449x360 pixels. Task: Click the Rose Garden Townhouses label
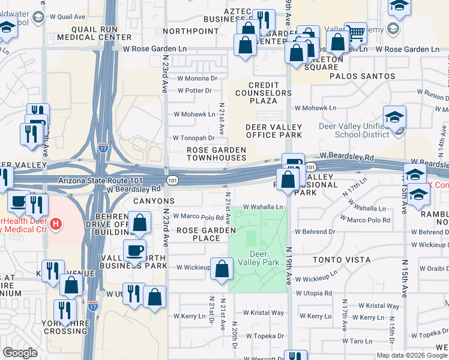click(216, 154)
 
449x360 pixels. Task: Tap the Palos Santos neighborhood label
click(362, 76)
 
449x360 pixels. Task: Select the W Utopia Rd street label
click(313, 293)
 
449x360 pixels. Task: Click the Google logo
click(20, 353)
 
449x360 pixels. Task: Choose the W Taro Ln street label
click(361, 341)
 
